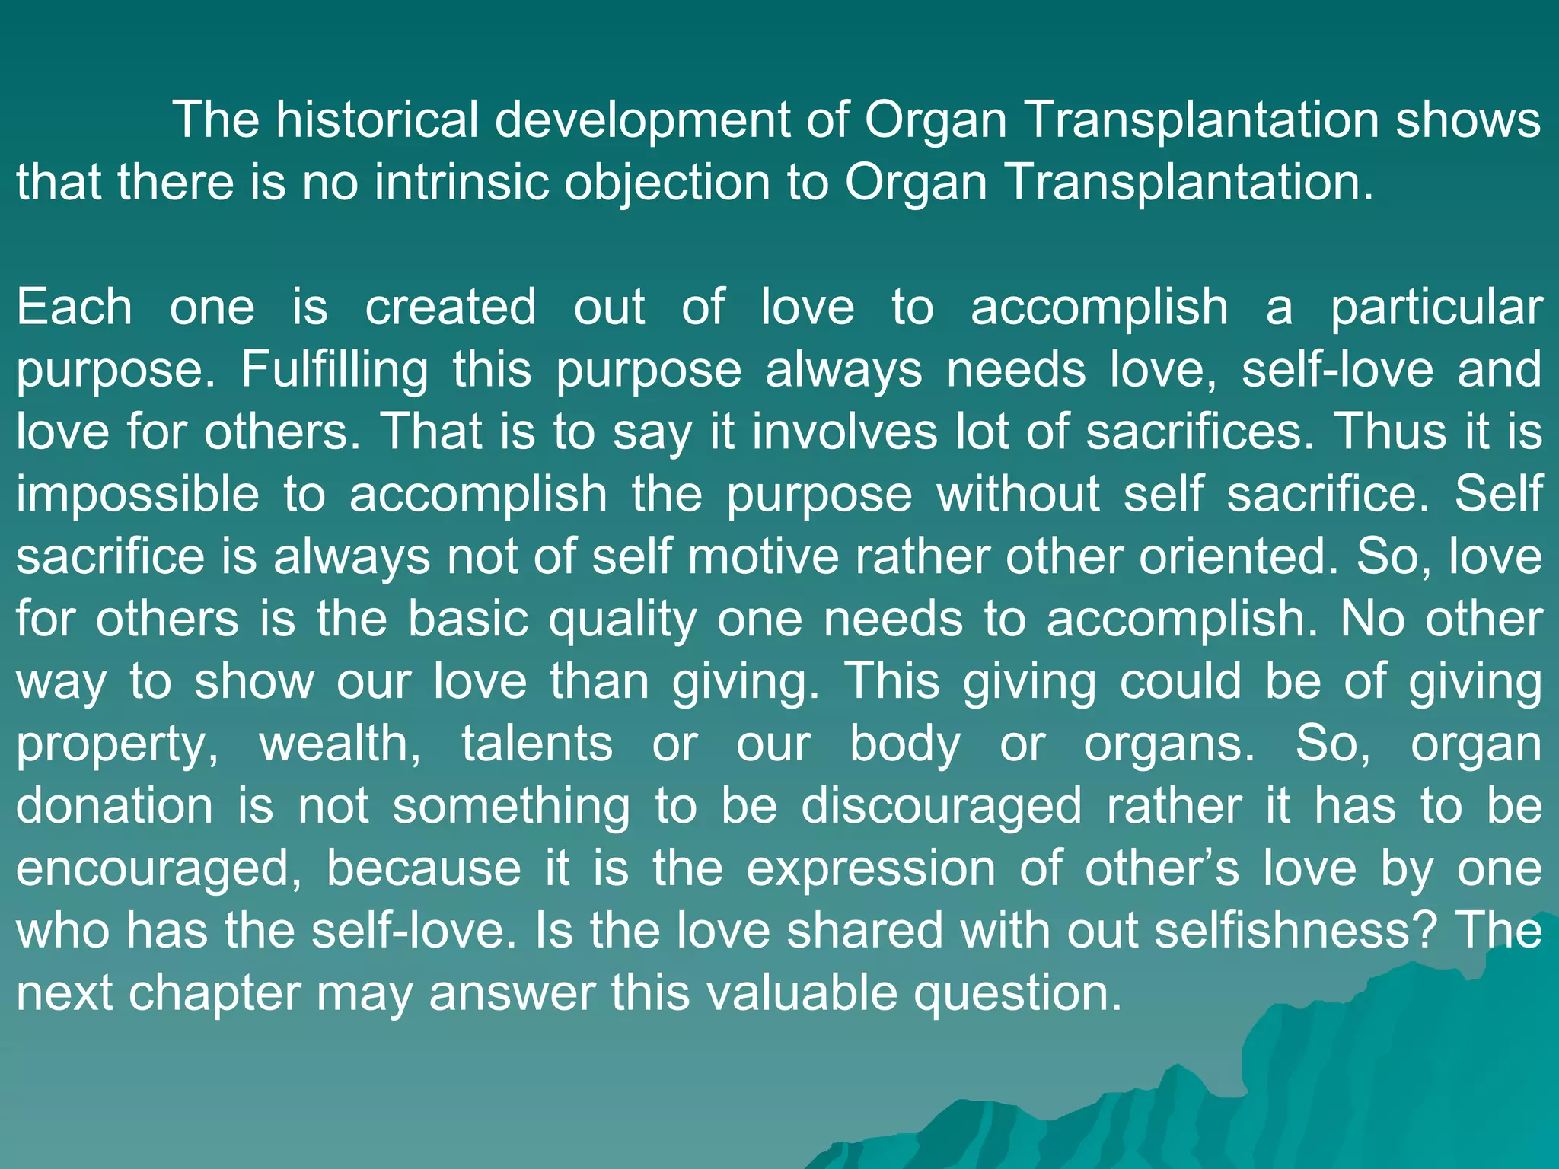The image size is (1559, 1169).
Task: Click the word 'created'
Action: tap(451, 307)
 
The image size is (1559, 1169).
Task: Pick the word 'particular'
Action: tap(1436, 307)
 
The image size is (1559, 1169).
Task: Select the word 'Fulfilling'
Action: tap(334, 370)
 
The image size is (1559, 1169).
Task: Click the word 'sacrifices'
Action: tap(1200, 432)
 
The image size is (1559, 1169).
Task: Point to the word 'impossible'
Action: tap(138, 495)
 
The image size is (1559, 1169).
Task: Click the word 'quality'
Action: tap(623, 620)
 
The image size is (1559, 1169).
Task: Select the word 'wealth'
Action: tap(340, 744)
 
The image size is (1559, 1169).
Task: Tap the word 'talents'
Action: tap(537, 744)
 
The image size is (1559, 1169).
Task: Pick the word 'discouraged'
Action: tap(942, 807)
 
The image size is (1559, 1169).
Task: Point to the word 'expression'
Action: tap(871, 869)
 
